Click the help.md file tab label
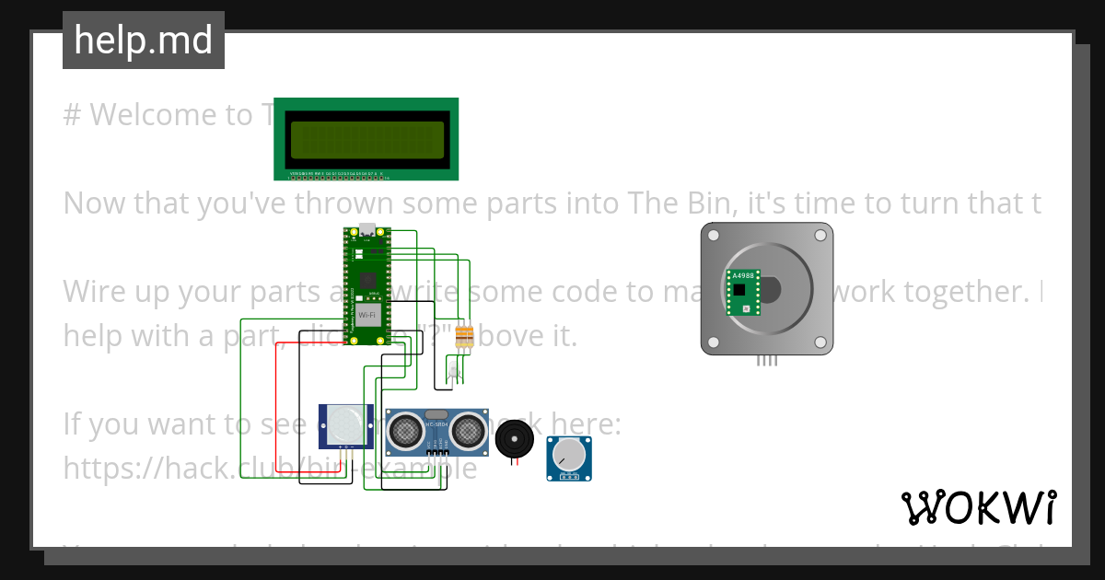[x=144, y=41]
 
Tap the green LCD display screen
[x=366, y=139]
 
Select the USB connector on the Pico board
[x=367, y=231]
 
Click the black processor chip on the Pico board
[x=368, y=277]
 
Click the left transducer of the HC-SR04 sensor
[x=406, y=430]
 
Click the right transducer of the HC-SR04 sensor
[x=467, y=430]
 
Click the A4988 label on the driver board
[x=741, y=275]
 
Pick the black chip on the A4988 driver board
[x=739, y=289]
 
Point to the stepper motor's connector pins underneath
[x=766, y=361]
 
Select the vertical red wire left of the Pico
[x=277, y=405]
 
